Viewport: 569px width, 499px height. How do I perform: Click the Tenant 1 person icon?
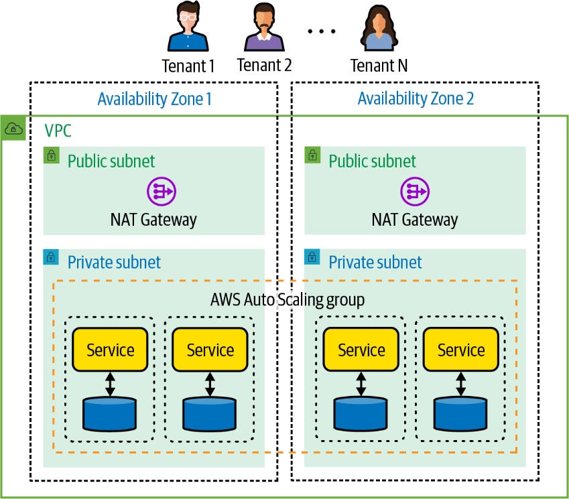click(188, 29)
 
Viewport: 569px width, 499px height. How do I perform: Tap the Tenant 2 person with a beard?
click(264, 29)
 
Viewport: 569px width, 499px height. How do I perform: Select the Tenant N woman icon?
click(379, 29)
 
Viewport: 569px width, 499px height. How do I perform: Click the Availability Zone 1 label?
click(154, 99)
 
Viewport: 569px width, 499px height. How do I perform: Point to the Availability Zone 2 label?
click(416, 99)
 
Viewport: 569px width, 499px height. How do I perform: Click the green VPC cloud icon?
click(13, 128)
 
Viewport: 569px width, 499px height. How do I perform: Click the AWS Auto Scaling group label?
click(287, 299)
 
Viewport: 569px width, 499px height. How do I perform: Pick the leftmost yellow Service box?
click(110, 350)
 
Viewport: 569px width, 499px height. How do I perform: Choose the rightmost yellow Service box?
click(460, 350)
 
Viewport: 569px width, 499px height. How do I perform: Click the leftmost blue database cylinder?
click(110, 414)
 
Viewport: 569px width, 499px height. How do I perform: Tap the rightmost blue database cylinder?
click(460, 414)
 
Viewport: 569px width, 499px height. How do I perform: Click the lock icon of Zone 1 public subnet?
click(51, 155)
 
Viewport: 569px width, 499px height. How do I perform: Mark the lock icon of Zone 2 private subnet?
click(312, 257)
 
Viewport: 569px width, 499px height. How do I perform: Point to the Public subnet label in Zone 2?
click(372, 161)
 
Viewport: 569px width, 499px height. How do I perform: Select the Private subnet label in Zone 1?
click(114, 262)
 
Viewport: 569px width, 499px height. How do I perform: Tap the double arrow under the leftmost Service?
click(110, 383)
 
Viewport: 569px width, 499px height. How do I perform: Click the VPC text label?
click(58, 130)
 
